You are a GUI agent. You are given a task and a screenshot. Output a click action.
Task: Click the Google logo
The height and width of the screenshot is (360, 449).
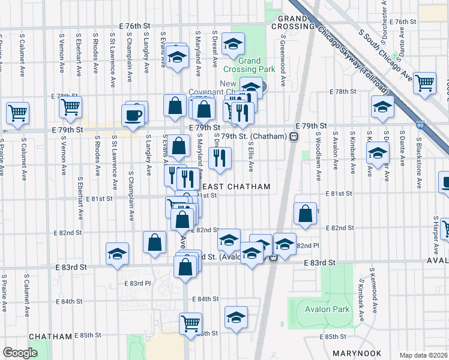point(20,353)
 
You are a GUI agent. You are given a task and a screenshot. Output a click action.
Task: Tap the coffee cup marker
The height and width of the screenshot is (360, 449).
point(133,115)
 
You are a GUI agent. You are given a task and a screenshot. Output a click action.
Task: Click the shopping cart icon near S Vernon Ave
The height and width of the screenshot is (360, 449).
point(70,107)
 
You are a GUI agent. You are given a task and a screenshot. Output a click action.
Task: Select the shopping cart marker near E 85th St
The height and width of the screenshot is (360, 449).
point(191,323)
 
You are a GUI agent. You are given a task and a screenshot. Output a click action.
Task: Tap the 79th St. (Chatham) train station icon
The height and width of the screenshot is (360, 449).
point(294,136)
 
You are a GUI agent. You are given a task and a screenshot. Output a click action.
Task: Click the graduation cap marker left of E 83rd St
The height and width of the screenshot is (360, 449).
point(117,253)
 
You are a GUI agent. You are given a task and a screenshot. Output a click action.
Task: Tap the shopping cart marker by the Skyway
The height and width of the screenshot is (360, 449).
point(424,83)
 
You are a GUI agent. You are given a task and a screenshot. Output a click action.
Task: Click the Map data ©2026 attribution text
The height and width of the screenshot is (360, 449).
point(423,355)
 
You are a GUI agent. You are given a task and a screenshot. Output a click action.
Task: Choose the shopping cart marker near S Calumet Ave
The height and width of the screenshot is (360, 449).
point(17,112)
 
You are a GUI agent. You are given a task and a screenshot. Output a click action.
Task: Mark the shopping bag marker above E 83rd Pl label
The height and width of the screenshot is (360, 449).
point(154,242)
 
